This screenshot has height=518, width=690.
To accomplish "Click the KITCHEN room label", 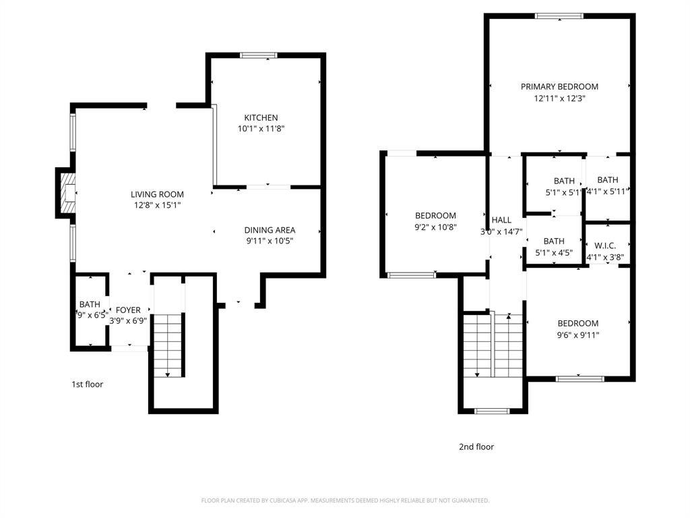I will [261, 117].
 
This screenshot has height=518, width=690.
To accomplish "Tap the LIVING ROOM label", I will [157, 194].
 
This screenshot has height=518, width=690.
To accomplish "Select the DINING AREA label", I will [270, 230].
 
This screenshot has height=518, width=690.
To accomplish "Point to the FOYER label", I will [128, 310].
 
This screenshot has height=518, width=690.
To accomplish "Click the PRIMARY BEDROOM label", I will [559, 86].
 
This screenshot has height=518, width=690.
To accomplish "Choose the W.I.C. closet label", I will [606, 246].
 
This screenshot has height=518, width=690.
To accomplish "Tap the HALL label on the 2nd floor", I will [501, 220].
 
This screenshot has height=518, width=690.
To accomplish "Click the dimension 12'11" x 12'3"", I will [559, 98].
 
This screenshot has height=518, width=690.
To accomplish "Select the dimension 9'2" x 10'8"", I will [435, 227].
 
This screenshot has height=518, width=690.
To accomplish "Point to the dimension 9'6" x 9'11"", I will [578, 335].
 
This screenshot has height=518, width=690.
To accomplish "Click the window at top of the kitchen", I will [259, 55].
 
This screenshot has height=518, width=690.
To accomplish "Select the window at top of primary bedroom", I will [559, 16].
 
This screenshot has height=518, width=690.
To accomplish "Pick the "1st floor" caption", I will [88, 384].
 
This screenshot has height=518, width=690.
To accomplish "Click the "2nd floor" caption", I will [476, 447].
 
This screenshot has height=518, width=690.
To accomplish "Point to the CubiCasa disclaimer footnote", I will [345, 500].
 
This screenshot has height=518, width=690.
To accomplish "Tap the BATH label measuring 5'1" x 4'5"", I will [554, 241].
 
